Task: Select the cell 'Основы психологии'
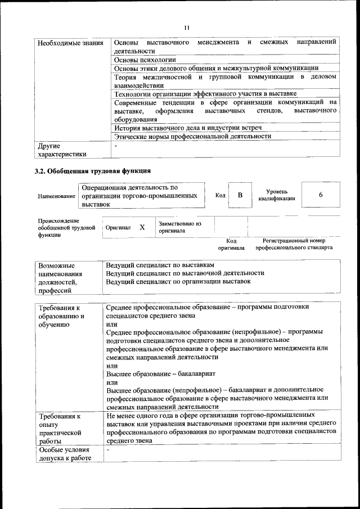[x=145, y=59]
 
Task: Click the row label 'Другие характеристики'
[x=62, y=150]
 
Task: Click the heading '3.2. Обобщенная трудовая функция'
[x=93, y=171]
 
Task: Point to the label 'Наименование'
[x=56, y=196]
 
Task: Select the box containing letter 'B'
[x=240, y=195]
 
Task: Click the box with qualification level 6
[x=320, y=195]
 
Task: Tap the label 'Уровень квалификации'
[x=277, y=195]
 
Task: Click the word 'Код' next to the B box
[x=220, y=196]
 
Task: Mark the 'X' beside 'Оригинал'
[x=142, y=227]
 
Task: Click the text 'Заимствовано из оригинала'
[x=180, y=227]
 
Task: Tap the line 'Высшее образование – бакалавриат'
[x=161, y=373]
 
